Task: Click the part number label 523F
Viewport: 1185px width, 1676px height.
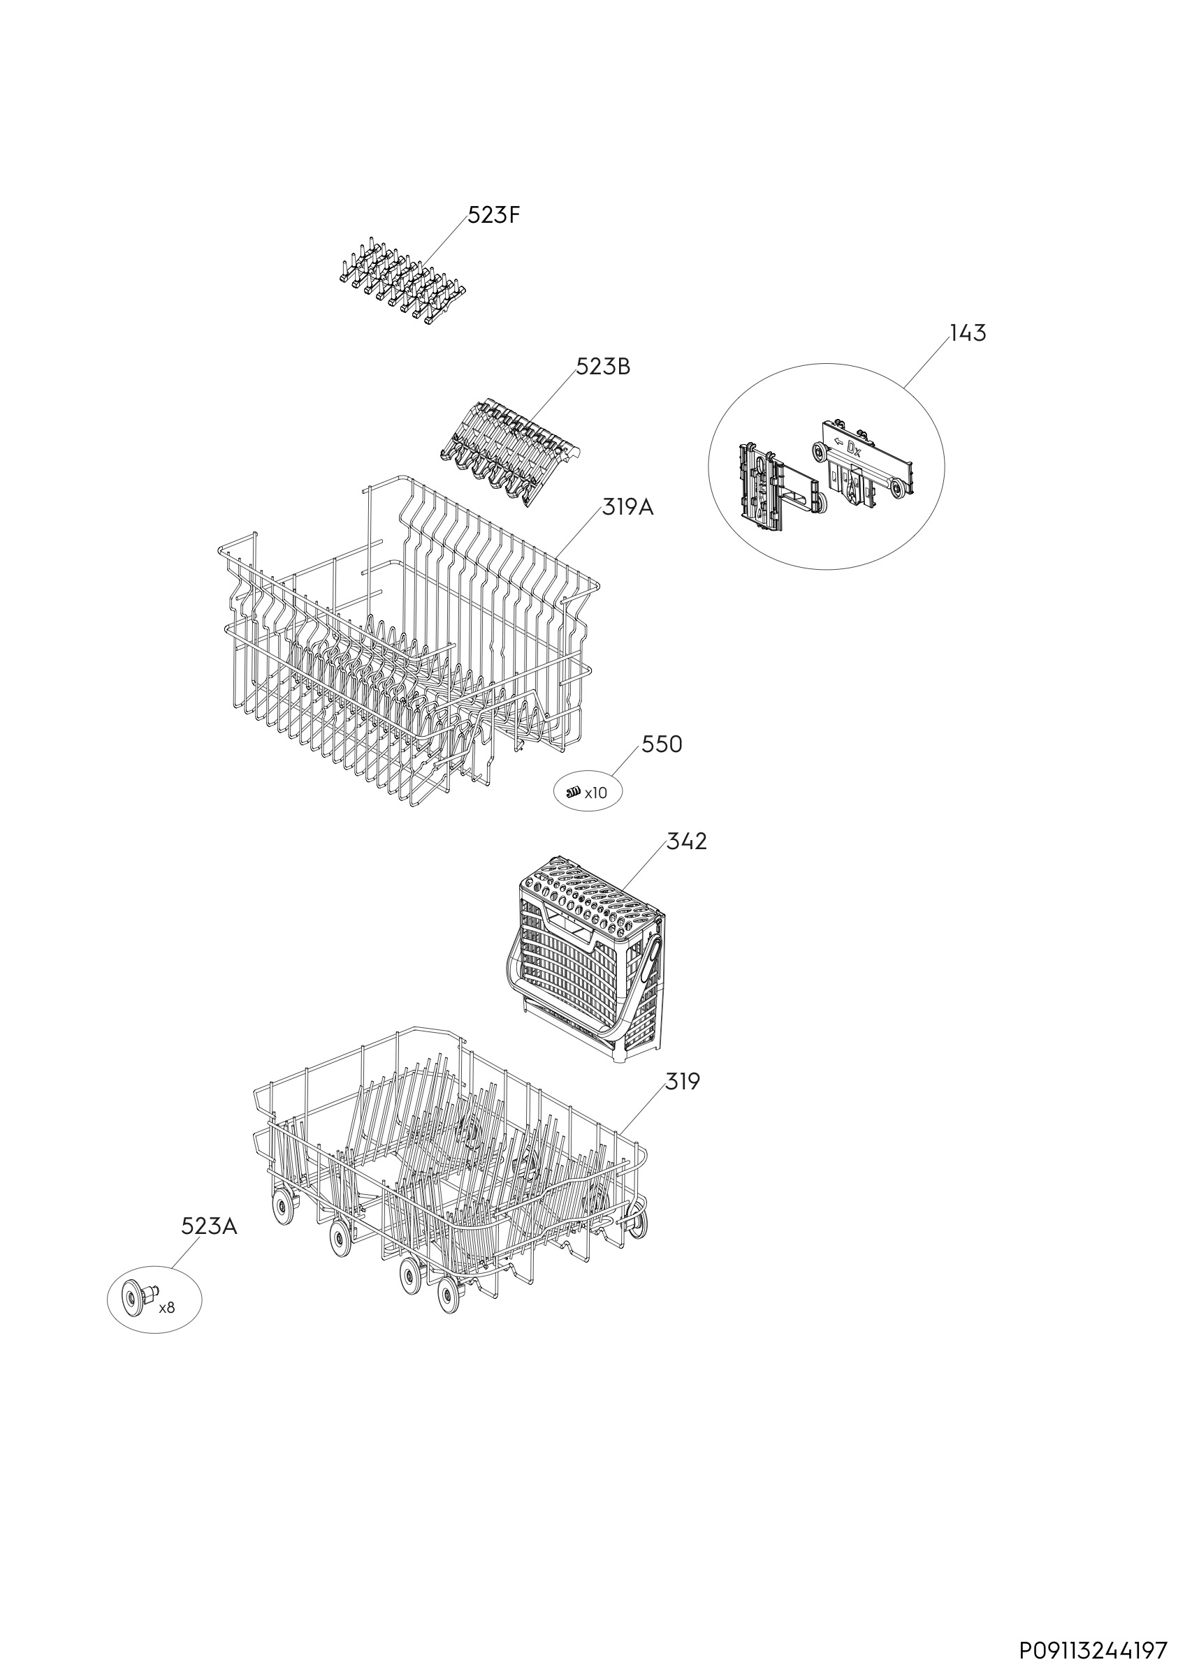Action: coord(493,216)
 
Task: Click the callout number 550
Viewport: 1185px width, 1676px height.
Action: coord(662,744)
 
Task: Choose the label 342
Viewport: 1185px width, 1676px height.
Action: coord(686,841)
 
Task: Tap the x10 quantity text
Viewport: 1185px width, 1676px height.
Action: coord(595,793)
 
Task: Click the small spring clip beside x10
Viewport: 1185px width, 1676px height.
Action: coord(573,791)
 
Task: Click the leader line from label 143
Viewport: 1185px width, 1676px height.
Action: coord(926,365)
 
